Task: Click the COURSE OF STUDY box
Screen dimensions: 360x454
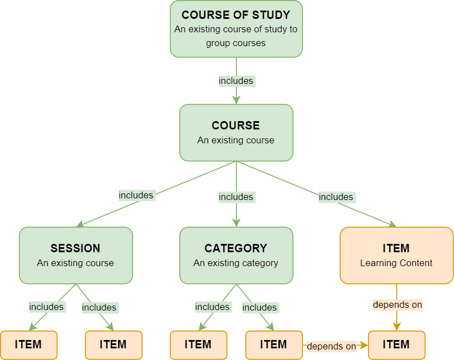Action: pos(236,29)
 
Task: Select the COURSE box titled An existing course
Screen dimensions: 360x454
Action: pos(236,133)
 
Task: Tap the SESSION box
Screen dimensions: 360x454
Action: pos(76,255)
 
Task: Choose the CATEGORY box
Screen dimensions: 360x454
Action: pos(236,255)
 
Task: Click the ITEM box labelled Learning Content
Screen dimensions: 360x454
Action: pos(396,255)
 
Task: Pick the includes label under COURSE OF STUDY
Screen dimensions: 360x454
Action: pos(236,81)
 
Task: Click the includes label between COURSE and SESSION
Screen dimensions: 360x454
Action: pos(136,196)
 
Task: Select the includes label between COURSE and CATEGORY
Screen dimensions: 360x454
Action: pos(236,197)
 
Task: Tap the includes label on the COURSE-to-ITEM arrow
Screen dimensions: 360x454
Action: pos(336,197)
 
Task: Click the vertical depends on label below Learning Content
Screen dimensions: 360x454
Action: pos(397,304)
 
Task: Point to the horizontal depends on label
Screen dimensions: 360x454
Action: pos(331,346)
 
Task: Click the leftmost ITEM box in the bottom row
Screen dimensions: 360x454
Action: pos(28,344)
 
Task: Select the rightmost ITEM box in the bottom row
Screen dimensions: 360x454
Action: pos(396,344)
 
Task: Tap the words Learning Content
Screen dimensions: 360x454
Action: pos(396,263)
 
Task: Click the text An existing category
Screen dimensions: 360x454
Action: pos(236,263)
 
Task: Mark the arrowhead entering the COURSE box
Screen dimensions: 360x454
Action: pos(236,100)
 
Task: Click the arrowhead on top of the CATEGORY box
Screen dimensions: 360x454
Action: pos(236,222)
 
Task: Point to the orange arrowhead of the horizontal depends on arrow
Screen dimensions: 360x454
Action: pos(364,345)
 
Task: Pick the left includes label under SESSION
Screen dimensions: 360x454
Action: pos(47,307)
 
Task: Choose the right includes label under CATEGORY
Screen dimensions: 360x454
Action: pos(260,307)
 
